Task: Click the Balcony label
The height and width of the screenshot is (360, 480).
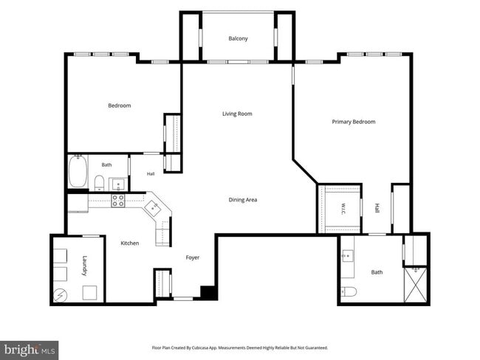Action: (x=238, y=38)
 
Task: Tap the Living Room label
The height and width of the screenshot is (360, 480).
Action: (x=237, y=114)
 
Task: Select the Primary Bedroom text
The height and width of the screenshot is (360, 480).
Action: (x=354, y=122)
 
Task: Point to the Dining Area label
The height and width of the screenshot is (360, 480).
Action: (x=243, y=200)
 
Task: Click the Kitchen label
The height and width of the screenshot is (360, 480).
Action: (x=130, y=243)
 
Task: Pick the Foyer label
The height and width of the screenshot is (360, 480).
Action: (x=193, y=257)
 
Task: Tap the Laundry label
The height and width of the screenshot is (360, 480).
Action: (x=85, y=266)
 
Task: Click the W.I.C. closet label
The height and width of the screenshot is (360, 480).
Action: (x=343, y=209)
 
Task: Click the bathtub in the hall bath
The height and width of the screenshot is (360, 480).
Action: (x=78, y=171)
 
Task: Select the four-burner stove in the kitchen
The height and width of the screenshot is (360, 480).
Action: (x=118, y=201)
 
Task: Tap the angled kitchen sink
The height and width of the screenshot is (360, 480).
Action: (x=153, y=209)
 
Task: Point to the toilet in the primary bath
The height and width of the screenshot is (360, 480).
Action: (x=349, y=291)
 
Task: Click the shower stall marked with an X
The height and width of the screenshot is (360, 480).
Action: (x=415, y=285)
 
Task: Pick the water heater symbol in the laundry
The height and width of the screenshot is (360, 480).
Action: (x=60, y=295)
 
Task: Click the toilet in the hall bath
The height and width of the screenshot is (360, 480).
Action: (x=99, y=183)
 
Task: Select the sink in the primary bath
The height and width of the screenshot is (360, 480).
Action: (x=348, y=255)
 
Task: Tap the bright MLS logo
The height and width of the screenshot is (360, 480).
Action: (x=29, y=350)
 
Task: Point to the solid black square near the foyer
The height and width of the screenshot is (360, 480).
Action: (x=209, y=293)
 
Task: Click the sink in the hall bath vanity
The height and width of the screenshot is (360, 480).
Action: (x=118, y=184)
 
